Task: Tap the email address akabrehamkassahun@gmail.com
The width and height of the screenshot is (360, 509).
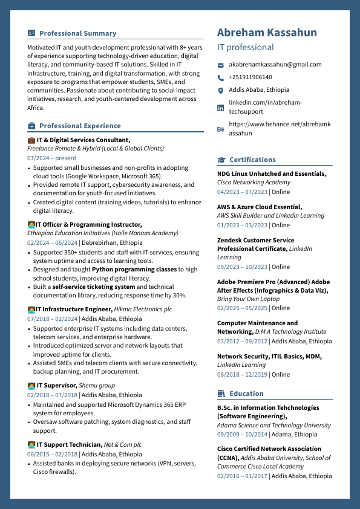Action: tap(275, 65)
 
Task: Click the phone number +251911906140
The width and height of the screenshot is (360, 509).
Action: tap(250, 77)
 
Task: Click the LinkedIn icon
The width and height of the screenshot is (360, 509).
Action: tap(221, 108)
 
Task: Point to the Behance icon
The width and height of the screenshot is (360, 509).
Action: tap(221, 129)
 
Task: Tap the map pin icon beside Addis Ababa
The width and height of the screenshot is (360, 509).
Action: tap(221, 91)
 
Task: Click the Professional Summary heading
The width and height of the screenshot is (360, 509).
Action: tap(77, 33)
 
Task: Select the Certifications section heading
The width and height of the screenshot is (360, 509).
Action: tap(252, 160)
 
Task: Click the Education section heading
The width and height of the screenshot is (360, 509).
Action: tap(246, 394)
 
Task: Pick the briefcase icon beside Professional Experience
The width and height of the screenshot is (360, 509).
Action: tap(31, 126)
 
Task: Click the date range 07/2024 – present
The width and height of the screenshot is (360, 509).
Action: tap(52, 158)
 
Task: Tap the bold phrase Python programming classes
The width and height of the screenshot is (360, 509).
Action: tap(134, 270)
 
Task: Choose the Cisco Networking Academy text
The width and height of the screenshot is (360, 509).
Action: tap(254, 183)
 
